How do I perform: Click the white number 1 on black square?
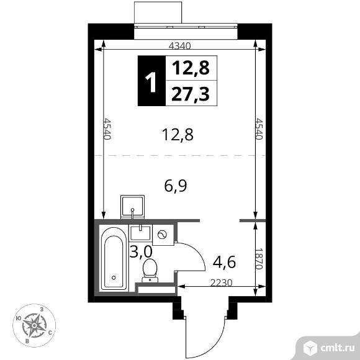pos(150,81)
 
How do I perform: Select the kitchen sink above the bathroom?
pos(133,206)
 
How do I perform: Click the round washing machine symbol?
pos(163,234)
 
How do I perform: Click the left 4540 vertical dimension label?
pos(106,130)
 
